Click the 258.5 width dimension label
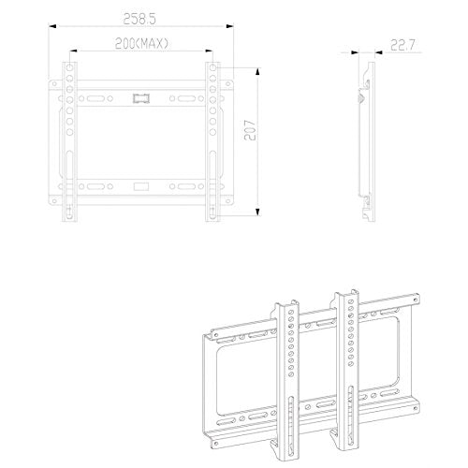click(139, 20)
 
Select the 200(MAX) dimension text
click(141, 44)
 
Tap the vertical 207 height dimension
click(250, 130)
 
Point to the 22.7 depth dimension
click(402, 46)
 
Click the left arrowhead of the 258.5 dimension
click(52, 26)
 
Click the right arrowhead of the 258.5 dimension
click(230, 26)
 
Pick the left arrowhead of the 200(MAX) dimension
click(73, 51)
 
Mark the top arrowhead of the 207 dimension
click(257, 71)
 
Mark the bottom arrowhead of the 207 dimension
click(257, 212)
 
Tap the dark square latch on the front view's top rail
click(141, 98)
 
